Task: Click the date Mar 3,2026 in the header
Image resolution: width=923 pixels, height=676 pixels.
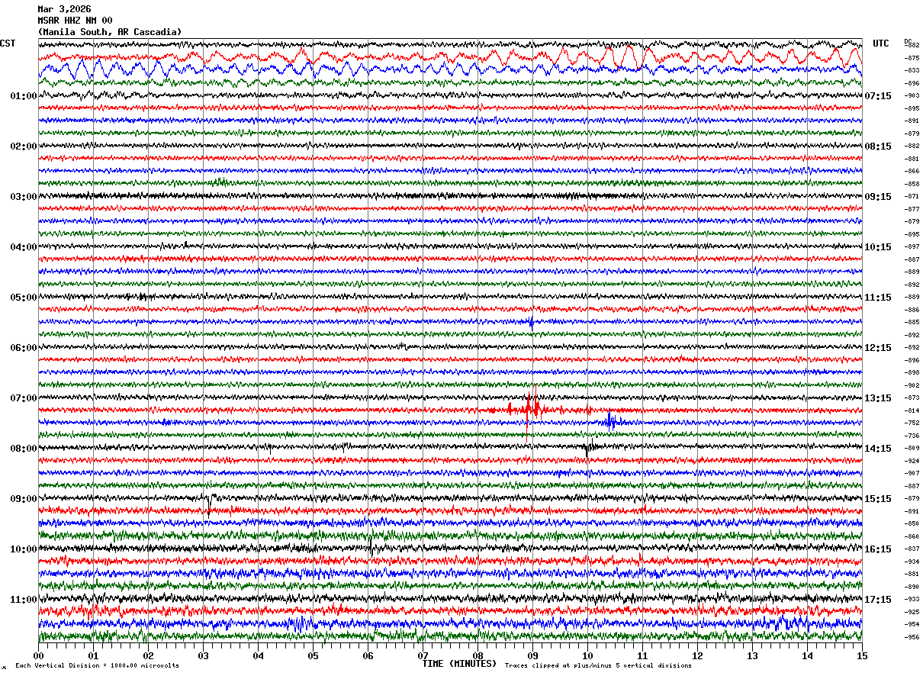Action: pos(64,9)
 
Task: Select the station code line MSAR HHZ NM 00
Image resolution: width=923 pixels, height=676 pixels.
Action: pos(75,21)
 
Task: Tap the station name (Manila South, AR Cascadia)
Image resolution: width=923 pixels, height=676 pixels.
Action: pos(110,32)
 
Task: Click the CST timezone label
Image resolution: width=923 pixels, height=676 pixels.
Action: pos(8,43)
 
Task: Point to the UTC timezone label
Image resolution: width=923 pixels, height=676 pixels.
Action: pos(881,43)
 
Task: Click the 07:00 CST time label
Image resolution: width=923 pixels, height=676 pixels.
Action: pos(24,398)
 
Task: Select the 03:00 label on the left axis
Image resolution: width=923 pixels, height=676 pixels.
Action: pos(24,197)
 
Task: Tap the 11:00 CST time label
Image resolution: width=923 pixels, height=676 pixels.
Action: pos(24,600)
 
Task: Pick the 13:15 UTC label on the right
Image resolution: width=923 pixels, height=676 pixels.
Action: pos(878,398)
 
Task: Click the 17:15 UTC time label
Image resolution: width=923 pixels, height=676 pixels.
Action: pos(878,600)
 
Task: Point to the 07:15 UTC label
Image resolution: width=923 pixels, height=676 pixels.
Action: pos(878,96)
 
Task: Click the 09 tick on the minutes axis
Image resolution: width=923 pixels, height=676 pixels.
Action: pos(532,655)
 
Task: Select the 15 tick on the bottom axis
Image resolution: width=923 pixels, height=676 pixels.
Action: pos(861,655)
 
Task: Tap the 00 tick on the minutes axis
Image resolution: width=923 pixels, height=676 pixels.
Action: pos(39,655)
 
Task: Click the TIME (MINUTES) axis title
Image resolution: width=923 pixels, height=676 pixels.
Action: pos(459,664)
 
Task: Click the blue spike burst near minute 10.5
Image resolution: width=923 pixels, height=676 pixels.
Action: pos(611,421)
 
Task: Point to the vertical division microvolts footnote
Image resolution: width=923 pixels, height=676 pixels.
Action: pos(97,666)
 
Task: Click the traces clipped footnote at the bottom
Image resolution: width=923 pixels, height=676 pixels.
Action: pos(598,666)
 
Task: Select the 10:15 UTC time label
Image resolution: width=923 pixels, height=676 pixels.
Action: pos(878,247)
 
